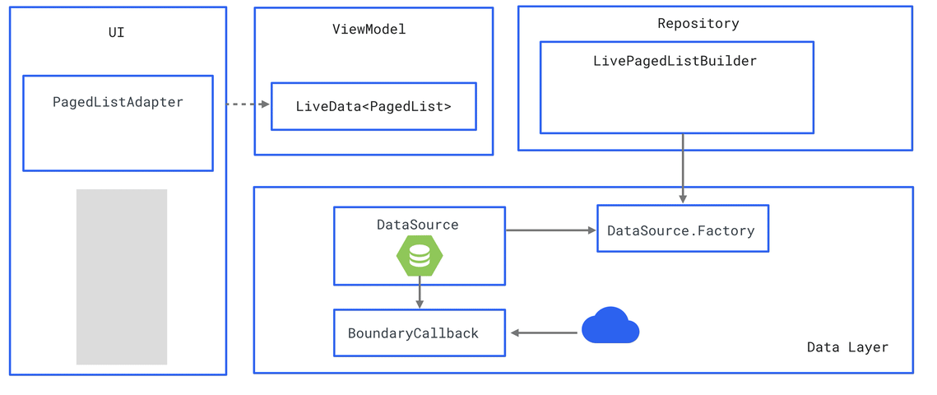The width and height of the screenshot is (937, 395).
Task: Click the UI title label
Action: coord(117,33)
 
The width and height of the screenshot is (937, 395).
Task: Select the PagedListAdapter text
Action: coord(118,103)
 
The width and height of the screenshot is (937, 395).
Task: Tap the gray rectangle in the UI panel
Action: coord(122,276)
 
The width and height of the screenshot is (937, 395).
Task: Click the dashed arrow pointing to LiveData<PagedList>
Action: coord(248,105)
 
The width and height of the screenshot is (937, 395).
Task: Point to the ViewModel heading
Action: coord(369,30)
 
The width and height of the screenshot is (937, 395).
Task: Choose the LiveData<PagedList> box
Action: coord(373,106)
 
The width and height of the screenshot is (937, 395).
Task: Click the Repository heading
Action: coord(698,24)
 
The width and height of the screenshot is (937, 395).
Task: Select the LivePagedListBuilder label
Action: coord(675,62)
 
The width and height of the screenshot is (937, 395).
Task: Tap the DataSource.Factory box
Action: coord(682,230)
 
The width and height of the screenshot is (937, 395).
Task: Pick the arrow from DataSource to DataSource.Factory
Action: coord(550,230)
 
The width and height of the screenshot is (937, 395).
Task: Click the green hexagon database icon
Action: coord(420,256)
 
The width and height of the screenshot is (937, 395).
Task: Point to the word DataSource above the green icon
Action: coord(418,225)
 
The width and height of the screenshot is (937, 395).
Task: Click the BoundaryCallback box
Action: coord(419,333)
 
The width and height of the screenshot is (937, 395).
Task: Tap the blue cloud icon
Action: coord(610,326)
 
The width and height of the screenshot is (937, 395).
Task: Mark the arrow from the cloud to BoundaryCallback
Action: coord(544,333)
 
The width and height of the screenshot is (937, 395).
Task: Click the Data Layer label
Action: coord(847,347)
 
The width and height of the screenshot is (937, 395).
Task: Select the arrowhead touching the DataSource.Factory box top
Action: coord(683,199)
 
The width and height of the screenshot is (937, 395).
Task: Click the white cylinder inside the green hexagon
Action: coord(420,257)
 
